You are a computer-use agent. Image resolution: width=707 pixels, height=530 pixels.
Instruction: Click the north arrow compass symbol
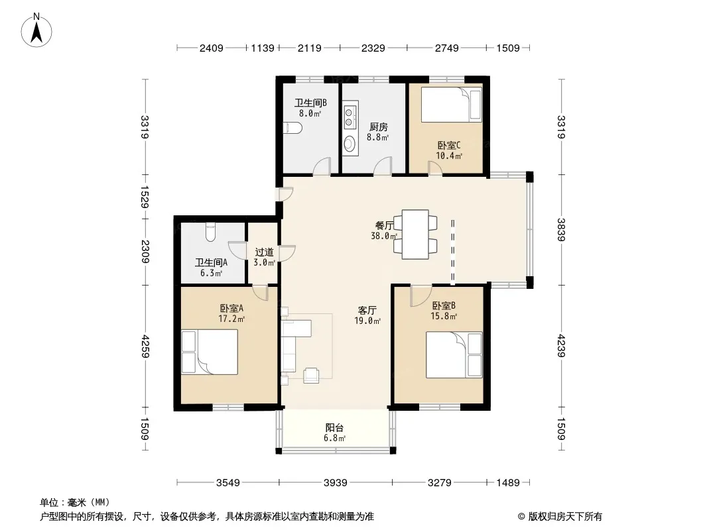(36, 30)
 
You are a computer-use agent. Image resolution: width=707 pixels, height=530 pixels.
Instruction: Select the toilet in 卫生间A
(210, 232)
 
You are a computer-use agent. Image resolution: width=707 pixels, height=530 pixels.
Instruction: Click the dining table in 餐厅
(415, 234)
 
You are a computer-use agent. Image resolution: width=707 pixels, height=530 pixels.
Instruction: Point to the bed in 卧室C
(452, 105)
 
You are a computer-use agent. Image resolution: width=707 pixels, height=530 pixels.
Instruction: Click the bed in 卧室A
(209, 352)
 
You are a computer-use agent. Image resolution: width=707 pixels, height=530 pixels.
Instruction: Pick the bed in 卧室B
(454, 355)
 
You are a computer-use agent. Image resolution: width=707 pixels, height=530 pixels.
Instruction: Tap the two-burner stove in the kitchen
(349, 116)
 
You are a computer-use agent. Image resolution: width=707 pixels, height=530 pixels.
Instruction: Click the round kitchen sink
(350, 144)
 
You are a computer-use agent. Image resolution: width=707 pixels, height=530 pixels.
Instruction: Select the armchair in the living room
(312, 376)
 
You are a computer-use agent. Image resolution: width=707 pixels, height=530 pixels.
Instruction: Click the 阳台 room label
(334, 428)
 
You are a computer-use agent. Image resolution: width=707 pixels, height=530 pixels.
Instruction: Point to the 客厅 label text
(367, 310)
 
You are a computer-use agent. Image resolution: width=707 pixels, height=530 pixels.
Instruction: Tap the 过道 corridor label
(264, 252)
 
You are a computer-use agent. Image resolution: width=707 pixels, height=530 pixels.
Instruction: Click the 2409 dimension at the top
(212, 48)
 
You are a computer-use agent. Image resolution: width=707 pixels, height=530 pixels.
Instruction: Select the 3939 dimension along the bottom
(336, 483)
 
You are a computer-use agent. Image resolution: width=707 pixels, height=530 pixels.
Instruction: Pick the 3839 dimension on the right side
(561, 230)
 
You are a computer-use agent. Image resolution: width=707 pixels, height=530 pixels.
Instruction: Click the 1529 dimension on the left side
(145, 197)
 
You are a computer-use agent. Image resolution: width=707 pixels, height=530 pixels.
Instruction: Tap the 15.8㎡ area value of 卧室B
(444, 316)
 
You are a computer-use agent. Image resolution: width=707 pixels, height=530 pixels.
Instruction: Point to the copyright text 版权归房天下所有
(565, 517)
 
